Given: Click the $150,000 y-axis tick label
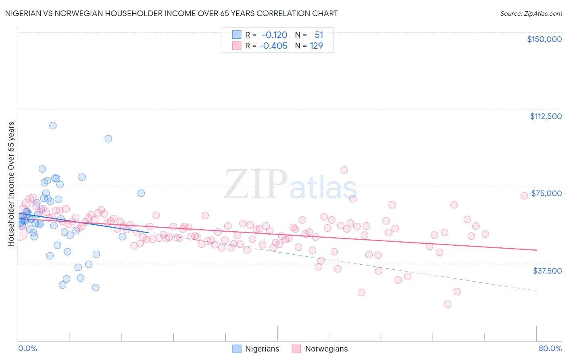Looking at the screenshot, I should click(x=544, y=39).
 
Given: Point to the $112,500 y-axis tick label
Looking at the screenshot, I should click(x=546, y=116).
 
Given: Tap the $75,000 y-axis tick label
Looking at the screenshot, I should click(x=546, y=193).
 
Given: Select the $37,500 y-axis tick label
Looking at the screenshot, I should click(x=547, y=271).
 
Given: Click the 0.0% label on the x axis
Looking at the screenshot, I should click(x=27, y=348).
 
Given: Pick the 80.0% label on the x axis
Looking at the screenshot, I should click(x=550, y=348).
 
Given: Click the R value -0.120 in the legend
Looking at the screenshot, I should click(x=274, y=35).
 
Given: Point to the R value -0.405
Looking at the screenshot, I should click(x=273, y=46).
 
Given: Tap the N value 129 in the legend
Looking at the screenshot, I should click(x=317, y=46).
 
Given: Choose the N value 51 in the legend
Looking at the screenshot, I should click(x=319, y=35).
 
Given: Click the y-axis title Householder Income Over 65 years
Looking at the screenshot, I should click(x=11, y=184).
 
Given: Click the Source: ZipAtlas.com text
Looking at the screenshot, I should click(x=531, y=13).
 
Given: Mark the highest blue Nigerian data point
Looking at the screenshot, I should click(x=53, y=126).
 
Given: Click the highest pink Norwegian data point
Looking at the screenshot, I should click(x=344, y=170).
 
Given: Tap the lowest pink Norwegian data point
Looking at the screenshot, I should click(x=447, y=304).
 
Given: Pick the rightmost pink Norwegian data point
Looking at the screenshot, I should click(x=524, y=196).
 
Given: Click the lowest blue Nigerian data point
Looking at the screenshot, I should click(x=96, y=288).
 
